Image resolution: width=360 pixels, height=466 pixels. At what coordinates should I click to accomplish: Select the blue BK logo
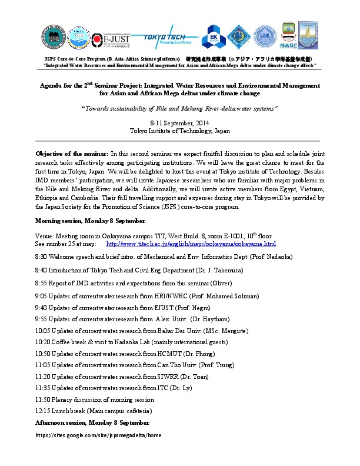(x=213, y=38)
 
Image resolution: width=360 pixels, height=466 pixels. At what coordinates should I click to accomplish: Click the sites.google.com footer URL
(x=98, y=435)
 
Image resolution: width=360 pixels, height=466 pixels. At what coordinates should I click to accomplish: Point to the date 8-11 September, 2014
(x=179, y=122)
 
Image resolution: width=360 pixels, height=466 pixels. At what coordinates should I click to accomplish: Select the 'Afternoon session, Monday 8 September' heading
(x=92, y=422)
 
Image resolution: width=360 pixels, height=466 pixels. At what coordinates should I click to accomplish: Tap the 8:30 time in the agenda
(x=42, y=257)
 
